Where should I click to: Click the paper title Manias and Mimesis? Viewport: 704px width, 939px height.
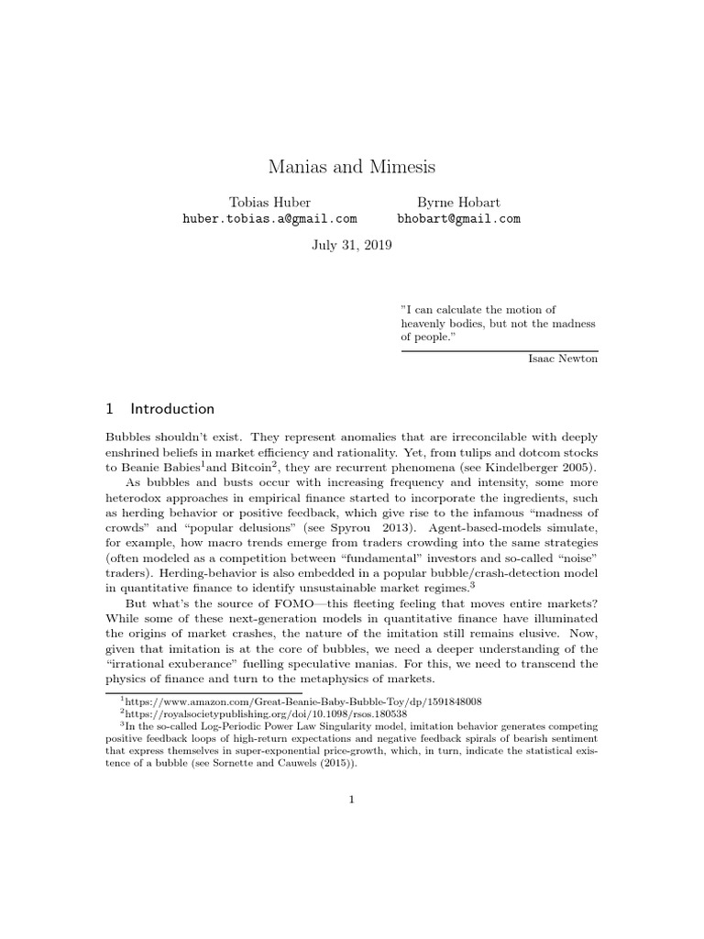coord(352,167)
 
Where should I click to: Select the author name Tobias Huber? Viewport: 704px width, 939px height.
coord(269,202)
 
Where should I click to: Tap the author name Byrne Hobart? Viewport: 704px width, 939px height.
coord(458,202)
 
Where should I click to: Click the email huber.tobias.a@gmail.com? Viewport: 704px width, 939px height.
coord(269,219)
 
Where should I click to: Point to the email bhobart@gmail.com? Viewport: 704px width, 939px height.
coord(458,219)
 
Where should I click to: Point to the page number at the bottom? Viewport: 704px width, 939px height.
coord(352,800)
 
